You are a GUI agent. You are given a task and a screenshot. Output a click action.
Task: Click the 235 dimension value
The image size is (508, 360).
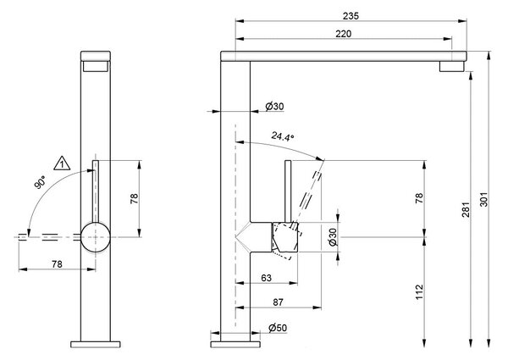pos(351,15)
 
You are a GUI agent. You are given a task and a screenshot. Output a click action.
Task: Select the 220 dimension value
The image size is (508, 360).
pos(344,34)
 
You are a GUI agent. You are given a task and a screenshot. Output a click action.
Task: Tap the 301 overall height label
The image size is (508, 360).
pos(483,199)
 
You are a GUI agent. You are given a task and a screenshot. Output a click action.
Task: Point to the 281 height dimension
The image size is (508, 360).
pos(466,210)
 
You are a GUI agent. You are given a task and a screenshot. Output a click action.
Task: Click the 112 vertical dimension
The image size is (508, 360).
pos(419,292)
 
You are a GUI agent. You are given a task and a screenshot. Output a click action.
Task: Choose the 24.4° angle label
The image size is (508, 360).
pos(283,136)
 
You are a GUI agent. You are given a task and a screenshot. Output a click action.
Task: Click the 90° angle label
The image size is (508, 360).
pos(40,182)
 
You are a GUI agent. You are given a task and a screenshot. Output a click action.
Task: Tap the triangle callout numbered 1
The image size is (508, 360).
pos(62,163)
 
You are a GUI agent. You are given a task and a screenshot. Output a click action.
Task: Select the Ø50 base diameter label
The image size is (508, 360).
pos(278,328)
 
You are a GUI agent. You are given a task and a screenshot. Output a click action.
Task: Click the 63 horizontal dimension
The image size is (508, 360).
pos(267,278)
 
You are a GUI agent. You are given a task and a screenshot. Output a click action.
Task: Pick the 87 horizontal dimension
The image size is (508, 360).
pos(278,302)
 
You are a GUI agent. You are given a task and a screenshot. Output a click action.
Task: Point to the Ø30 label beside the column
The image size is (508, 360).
pos(274,106)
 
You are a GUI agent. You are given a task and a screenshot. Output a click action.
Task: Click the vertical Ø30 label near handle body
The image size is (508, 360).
pos(333,237)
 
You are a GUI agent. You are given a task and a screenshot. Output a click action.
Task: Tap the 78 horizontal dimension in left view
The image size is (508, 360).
pos(57,264)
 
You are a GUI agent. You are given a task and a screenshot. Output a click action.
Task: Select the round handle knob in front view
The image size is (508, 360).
pos(96,237)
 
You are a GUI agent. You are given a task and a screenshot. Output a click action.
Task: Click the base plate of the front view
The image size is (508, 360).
pos(96,345)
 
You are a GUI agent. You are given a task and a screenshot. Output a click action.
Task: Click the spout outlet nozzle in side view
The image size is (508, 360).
pos(452,66)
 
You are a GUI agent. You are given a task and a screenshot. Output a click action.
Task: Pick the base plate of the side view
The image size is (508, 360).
pos(235,345)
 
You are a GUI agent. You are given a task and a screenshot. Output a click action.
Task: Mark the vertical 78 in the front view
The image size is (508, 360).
pos(134,198)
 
